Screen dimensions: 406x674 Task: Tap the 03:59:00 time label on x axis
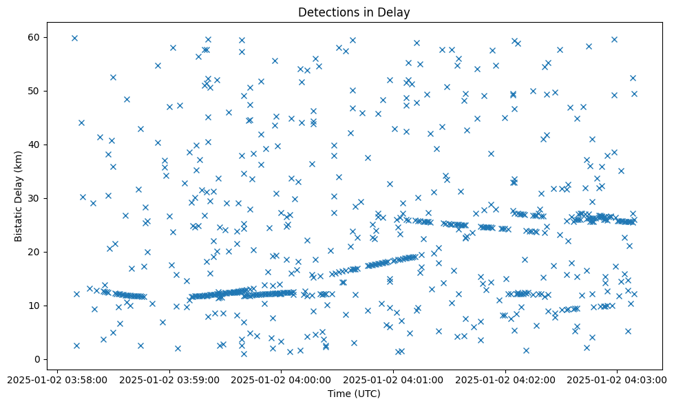tap(169, 379)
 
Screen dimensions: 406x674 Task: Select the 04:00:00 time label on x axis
tap(281, 379)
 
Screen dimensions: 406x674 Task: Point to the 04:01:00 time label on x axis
tap(393, 379)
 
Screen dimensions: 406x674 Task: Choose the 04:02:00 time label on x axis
tap(505, 379)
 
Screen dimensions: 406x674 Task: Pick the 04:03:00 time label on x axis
tap(617, 379)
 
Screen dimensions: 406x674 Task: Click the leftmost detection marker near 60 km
tap(74, 38)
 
